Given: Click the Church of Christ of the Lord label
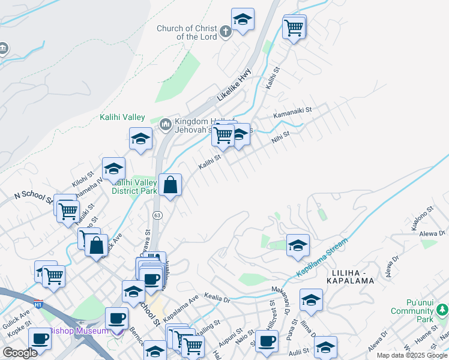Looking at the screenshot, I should tap(187, 32).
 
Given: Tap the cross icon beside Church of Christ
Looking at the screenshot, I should tap(225, 32).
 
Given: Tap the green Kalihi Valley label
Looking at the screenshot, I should tap(122, 117).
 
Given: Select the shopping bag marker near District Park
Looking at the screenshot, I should tap(170, 185).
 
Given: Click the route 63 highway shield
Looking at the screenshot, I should tap(157, 214).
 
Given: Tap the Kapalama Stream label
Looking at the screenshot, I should tap(322, 259).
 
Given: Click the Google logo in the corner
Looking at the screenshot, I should tap(20, 353).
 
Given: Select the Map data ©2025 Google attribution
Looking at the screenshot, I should tap(412, 355).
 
